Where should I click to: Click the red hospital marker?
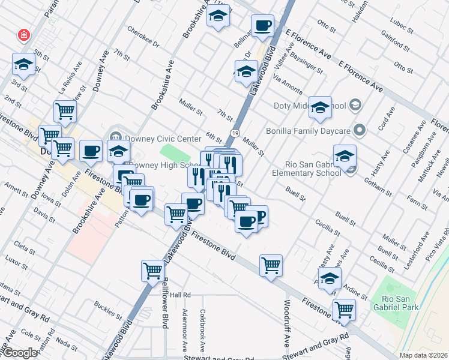24,35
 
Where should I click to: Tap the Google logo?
20,353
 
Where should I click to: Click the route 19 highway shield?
235,133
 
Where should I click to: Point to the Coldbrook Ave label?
203,331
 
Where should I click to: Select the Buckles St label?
107,308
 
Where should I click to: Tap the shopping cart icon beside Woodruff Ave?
271,265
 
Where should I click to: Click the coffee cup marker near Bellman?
262,26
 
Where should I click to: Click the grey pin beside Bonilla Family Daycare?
360,130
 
